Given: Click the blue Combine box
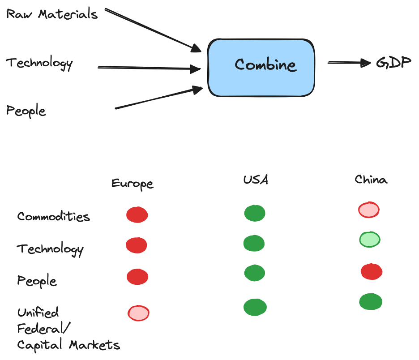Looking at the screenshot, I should point(261,67).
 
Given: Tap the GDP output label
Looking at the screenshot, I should point(393,62).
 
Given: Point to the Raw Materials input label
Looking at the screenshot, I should point(52,14).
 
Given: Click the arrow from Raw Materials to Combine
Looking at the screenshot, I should point(152,29).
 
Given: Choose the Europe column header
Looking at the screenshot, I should point(132,184).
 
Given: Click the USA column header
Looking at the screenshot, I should point(256,180).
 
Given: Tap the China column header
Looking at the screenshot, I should point(371,180).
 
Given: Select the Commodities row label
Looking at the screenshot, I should point(54,217).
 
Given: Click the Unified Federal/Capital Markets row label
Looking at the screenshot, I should point(67,329).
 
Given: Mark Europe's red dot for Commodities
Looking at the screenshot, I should point(137,215).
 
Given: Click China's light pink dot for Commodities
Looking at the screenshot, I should point(369,210).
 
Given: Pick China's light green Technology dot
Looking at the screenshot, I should point(370,240).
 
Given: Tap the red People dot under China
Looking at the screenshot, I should point(372,272).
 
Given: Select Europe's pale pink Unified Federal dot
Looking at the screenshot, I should point(138,313).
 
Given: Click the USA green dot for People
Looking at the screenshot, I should point(254,273).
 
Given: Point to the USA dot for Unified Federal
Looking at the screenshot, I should point(255,307).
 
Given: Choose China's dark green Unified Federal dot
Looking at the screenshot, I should point(371,302).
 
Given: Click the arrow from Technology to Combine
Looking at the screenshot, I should point(148,68).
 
